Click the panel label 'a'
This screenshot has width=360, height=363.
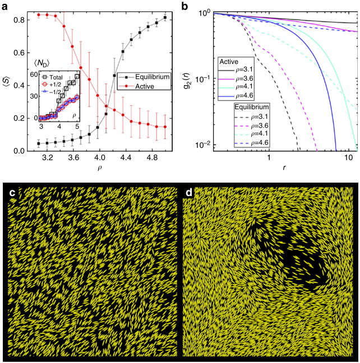[5, 5]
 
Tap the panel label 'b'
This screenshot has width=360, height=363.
[189, 5]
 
